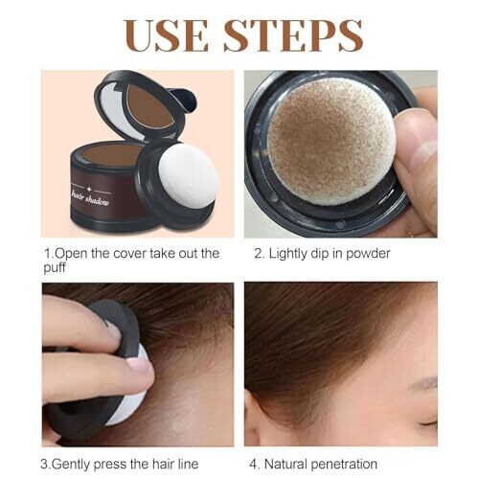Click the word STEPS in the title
pyautogui.click(x=293, y=35)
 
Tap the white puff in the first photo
pyautogui.click(x=189, y=176)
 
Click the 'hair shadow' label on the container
pyautogui.click(x=91, y=198)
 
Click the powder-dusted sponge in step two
pyautogui.click(x=332, y=141)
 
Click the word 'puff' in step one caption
pyautogui.click(x=55, y=267)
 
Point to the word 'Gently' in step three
pyautogui.click(x=71, y=464)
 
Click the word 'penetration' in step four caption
pyautogui.click(x=344, y=465)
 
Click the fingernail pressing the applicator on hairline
pyautogui.click(x=140, y=367)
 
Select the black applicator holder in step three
pyautogui.click(x=105, y=367)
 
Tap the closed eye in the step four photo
pyautogui.click(x=428, y=424)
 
